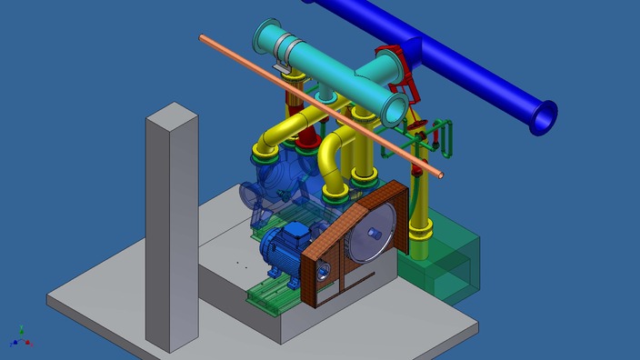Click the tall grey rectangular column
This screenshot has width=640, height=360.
click(171, 227)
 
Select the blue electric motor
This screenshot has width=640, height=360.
click(282, 250)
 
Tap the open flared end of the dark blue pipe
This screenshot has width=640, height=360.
click(544, 115)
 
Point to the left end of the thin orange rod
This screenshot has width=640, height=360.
click(204, 38)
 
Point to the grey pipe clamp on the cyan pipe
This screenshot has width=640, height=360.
click(283, 56)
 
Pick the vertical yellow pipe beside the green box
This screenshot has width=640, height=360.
click(421, 218)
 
